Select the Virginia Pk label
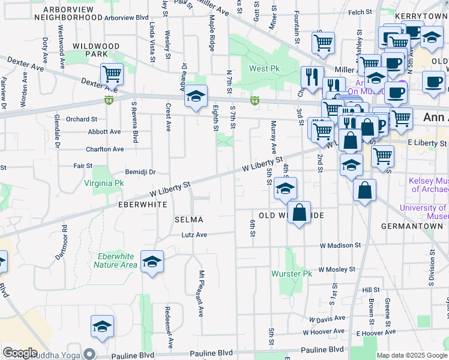coord(104,183)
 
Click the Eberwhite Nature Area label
coord(117,260)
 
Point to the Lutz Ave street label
coord(194,235)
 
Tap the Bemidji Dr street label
coord(140,172)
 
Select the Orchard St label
coord(82,119)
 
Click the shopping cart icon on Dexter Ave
coord(112,74)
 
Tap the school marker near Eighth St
coord(195,96)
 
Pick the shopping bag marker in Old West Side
coord(299,212)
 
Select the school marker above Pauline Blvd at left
coord(103,326)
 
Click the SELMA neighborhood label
coord(189,220)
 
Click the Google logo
coord(20,353)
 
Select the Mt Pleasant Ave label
coord(202,293)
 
